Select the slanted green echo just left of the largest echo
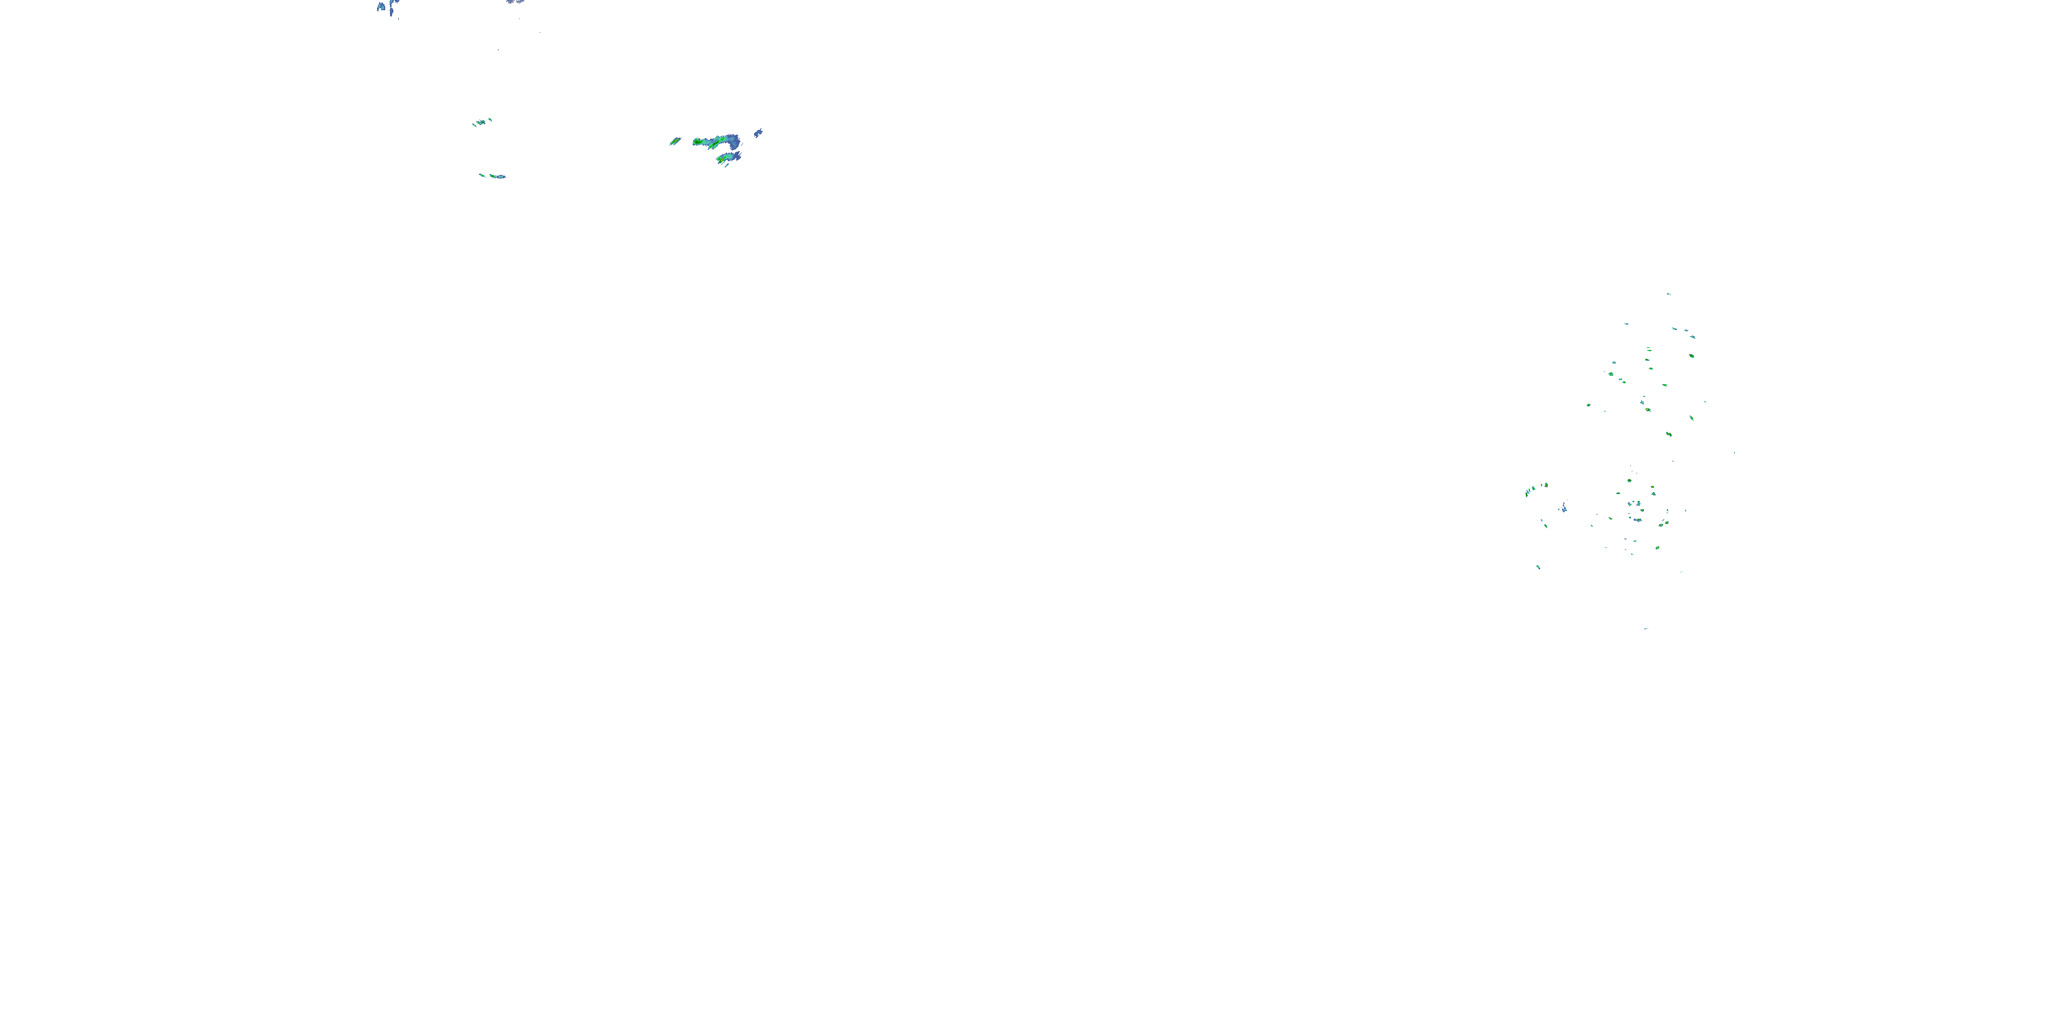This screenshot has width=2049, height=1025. (675, 141)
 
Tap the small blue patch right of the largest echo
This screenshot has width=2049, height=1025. (758, 133)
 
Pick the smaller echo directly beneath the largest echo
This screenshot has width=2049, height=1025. (727, 159)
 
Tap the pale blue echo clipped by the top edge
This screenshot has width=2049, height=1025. (514, 2)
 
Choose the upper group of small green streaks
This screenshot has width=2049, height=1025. (482, 122)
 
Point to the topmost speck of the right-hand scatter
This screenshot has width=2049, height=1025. (1669, 295)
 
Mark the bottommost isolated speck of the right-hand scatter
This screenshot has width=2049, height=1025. (1646, 629)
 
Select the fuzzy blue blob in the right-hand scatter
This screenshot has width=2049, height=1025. (1564, 508)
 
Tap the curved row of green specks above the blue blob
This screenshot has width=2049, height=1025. (1536, 489)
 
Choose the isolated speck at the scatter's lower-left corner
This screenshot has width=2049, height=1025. (1537, 566)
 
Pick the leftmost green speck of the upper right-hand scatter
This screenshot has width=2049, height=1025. (1589, 405)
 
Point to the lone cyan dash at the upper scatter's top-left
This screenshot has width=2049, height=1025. (1625, 323)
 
